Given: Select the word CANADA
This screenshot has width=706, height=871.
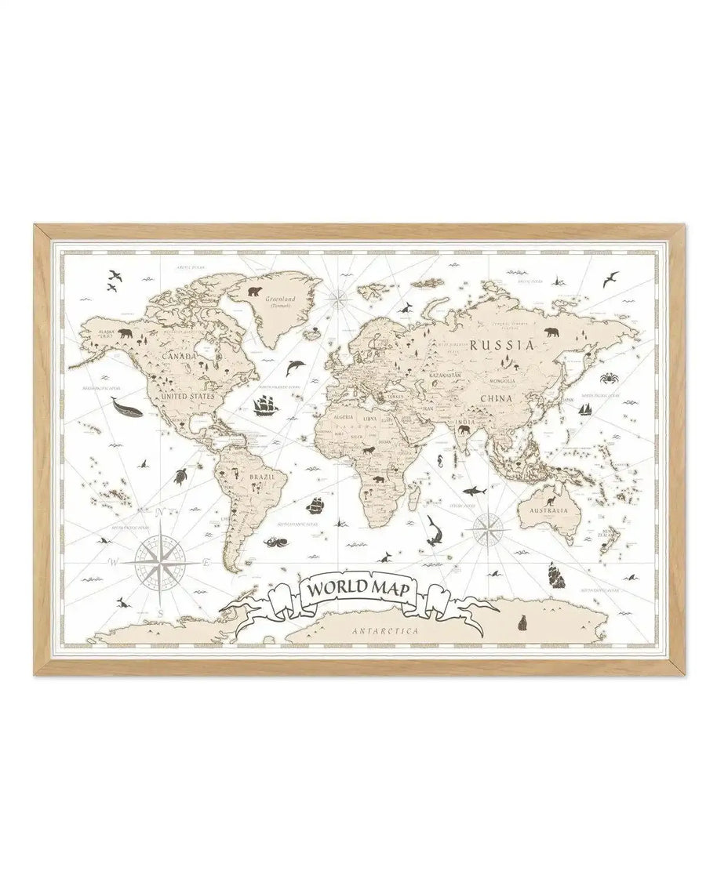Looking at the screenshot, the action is [178, 356].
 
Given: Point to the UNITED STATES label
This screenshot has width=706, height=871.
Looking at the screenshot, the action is [187, 397].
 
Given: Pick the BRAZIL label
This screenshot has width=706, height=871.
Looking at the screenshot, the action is [260, 476].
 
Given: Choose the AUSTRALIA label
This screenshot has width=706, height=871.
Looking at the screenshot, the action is [548, 510].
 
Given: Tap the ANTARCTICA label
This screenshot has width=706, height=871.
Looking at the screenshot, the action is [385, 630].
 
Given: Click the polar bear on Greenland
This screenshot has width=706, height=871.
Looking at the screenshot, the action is [256, 291].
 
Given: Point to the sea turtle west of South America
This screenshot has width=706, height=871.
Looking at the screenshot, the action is [182, 475].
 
